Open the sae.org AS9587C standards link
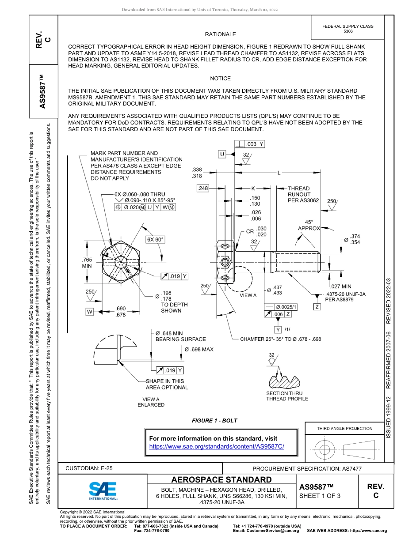[x=217, y=446]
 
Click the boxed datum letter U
[x=222, y=154]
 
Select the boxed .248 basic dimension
[x=202, y=189]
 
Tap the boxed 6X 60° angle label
[x=155, y=239]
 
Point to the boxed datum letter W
[x=90, y=312]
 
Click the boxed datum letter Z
[x=317, y=306]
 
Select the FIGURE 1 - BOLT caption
[x=214, y=420]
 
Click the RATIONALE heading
[x=220, y=34]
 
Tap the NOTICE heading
[x=220, y=79]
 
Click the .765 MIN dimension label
[x=87, y=263]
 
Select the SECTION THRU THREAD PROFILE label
[x=287, y=396]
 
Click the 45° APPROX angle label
[x=309, y=225]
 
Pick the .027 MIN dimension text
[x=340, y=287]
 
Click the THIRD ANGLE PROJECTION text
[x=344, y=428]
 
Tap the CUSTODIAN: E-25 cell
[x=92, y=468]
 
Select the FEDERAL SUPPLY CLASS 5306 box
[x=347, y=29]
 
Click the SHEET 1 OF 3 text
[x=320, y=495]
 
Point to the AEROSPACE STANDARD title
[x=221, y=480]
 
